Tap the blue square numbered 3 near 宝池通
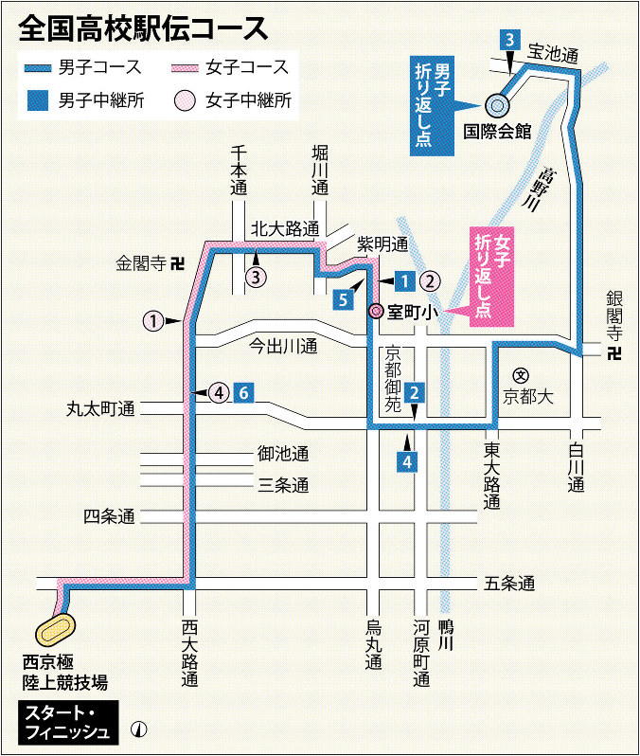click(x=510, y=40)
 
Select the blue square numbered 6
click(x=244, y=391)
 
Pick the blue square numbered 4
click(x=407, y=462)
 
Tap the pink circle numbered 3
click(x=257, y=277)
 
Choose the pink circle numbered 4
click(x=219, y=391)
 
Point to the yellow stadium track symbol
click(x=57, y=628)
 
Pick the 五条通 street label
click(x=510, y=583)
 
